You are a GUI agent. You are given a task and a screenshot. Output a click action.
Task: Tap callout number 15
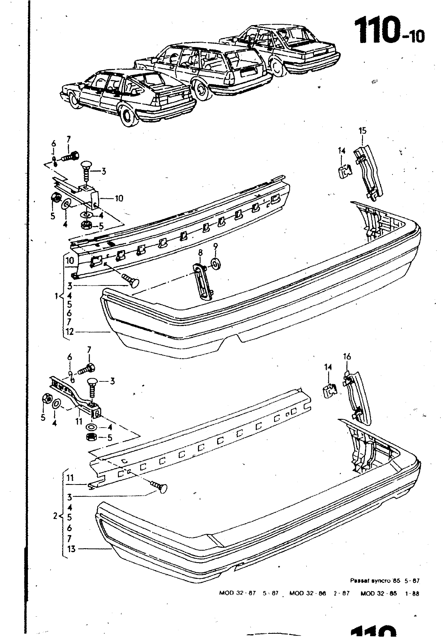pos(362,131)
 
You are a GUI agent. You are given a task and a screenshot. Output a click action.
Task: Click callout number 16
pos(347,356)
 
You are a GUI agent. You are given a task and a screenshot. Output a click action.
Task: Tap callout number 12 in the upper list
pos(70,331)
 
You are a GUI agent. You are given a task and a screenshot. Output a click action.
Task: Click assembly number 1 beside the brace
pos(57,296)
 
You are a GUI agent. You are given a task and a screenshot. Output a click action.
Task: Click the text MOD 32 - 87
pos(237,593)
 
